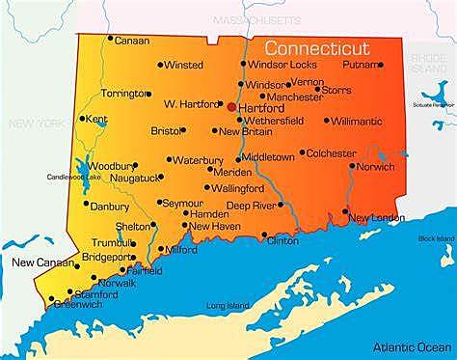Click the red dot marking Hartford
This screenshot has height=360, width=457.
point(231,106)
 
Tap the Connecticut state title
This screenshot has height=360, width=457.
point(319,47)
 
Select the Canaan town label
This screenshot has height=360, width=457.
point(132,41)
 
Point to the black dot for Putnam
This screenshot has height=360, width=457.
point(380,65)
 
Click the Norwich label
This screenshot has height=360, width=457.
point(375,166)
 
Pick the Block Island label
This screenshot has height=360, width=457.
point(435,238)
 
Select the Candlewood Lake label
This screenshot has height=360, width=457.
point(74,178)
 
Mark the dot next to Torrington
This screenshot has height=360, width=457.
point(148,95)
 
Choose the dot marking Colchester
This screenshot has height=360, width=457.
point(302,152)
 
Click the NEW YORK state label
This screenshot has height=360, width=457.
point(36,124)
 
